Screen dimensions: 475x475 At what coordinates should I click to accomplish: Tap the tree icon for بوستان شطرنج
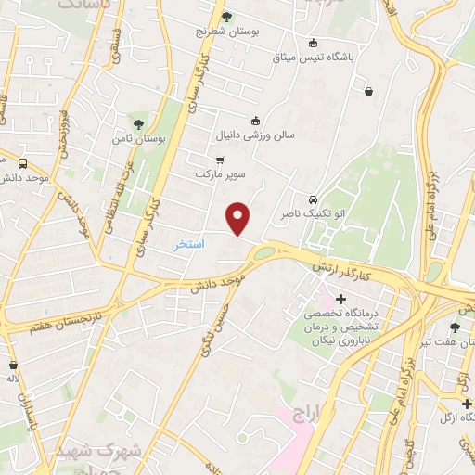pos(227,16)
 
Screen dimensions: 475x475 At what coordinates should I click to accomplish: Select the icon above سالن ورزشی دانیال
pos(256,120)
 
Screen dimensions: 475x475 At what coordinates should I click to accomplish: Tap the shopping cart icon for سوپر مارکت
pos(220,159)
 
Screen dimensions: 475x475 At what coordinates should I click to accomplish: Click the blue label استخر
pos(189,244)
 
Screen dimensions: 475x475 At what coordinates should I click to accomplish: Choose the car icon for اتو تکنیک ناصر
pos(314,199)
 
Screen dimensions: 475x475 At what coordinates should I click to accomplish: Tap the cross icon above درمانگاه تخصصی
pos(341,299)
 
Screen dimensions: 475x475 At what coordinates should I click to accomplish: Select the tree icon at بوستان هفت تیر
pos(455,327)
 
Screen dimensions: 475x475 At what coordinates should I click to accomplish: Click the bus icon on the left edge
pos(22,163)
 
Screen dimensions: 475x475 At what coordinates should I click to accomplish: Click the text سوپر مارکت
pos(220,173)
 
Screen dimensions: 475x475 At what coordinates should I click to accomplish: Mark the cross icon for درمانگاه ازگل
pos(467,404)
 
